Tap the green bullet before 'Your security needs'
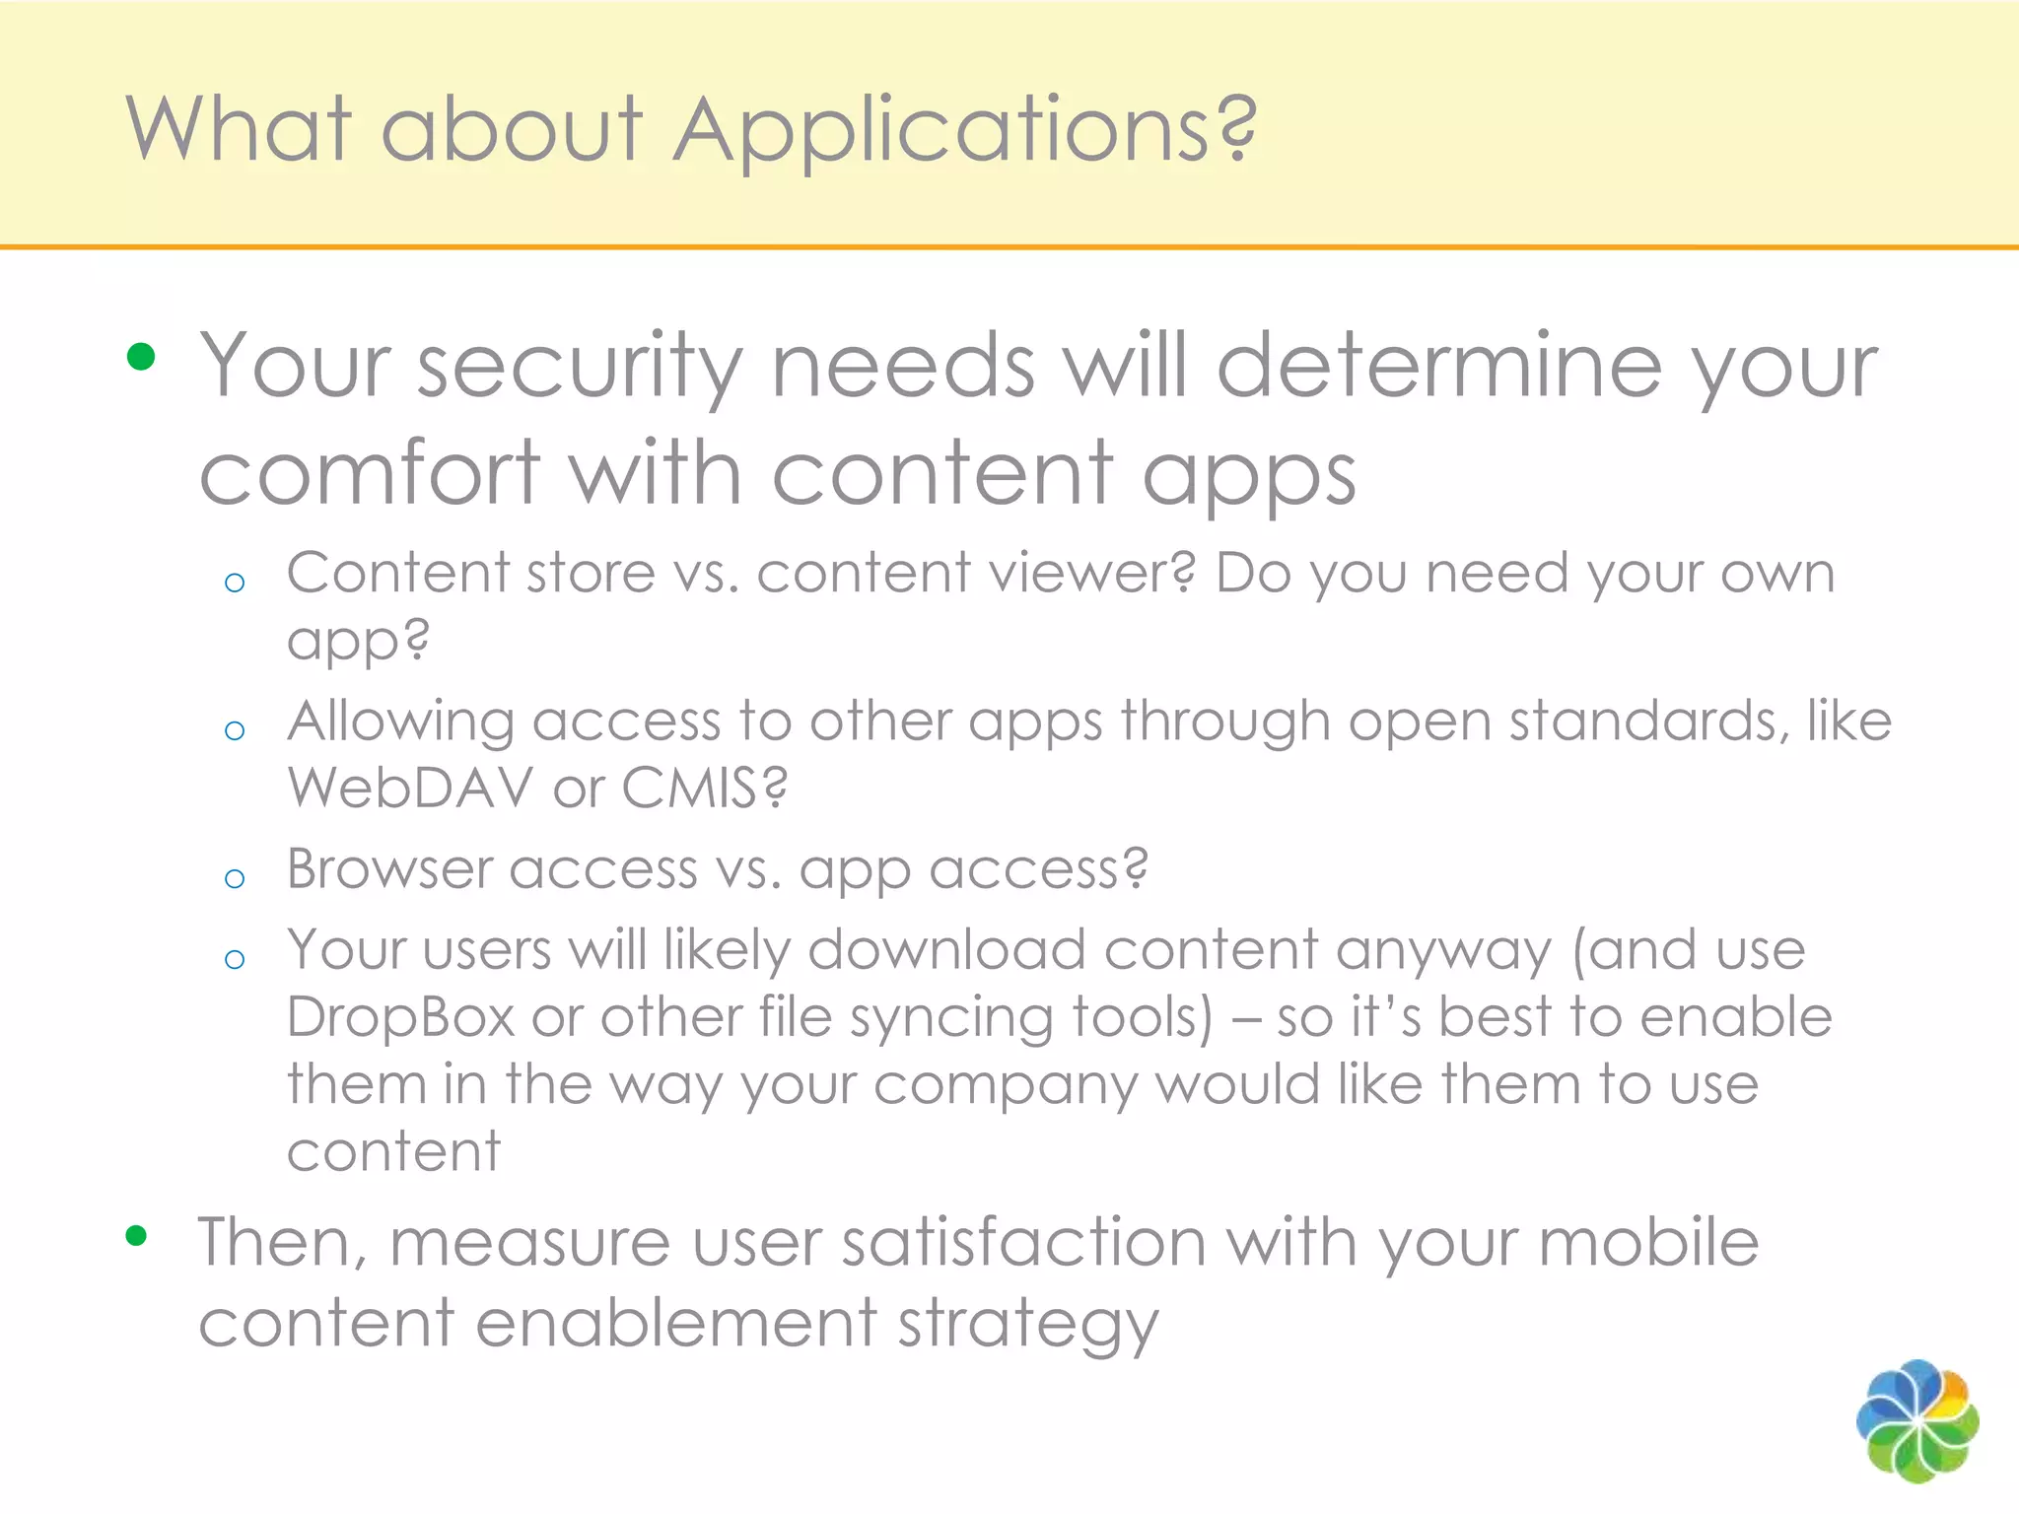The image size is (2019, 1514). pyautogui.click(x=141, y=357)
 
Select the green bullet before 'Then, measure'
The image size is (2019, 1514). pyautogui.click(x=137, y=1235)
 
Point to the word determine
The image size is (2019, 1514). pyautogui.click(x=1438, y=367)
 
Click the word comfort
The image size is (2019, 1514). pyautogui.click(x=371, y=473)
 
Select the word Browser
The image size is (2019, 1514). pyautogui.click(x=388, y=869)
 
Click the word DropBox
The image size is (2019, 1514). pyautogui.click(x=401, y=1017)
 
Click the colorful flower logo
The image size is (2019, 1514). pyautogui.click(x=1916, y=1420)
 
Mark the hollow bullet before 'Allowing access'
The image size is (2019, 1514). pyautogui.click(x=235, y=730)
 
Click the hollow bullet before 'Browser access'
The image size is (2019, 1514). pyautogui.click(x=235, y=878)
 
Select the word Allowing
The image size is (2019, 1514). pyautogui.click(x=401, y=723)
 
